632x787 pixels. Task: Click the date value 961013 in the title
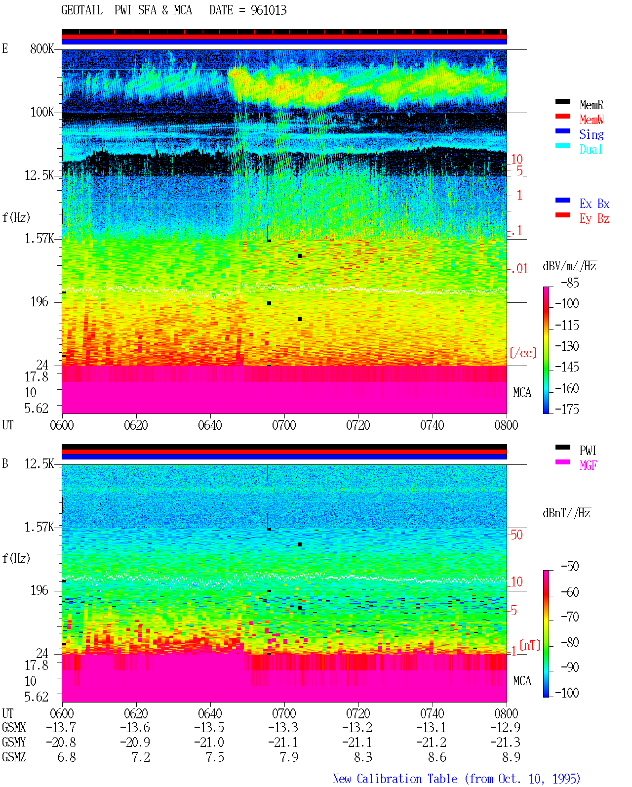(269, 10)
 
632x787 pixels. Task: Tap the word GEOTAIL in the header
(82, 10)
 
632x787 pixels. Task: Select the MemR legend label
(592, 105)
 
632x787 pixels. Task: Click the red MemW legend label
(592, 120)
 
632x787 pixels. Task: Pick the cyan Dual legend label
(591, 149)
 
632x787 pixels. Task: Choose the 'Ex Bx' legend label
(594, 204)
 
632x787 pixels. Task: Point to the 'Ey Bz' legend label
(594, 219)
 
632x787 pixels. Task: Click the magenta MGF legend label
(588, 465)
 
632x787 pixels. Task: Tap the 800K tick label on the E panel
(41, 48)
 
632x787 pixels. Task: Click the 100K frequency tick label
(41, 112)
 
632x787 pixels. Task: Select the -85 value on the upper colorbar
(570, 283)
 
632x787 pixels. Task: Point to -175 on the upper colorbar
(567, 409)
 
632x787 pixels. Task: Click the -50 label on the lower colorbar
(570, 567)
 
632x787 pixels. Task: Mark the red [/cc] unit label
(523, 353)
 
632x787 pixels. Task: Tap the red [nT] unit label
(530, 645)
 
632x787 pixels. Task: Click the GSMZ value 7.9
(289, 757)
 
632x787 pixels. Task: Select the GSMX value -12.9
(505, 727)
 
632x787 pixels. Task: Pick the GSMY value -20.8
(61, 743)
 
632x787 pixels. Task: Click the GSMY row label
(14, 743)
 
